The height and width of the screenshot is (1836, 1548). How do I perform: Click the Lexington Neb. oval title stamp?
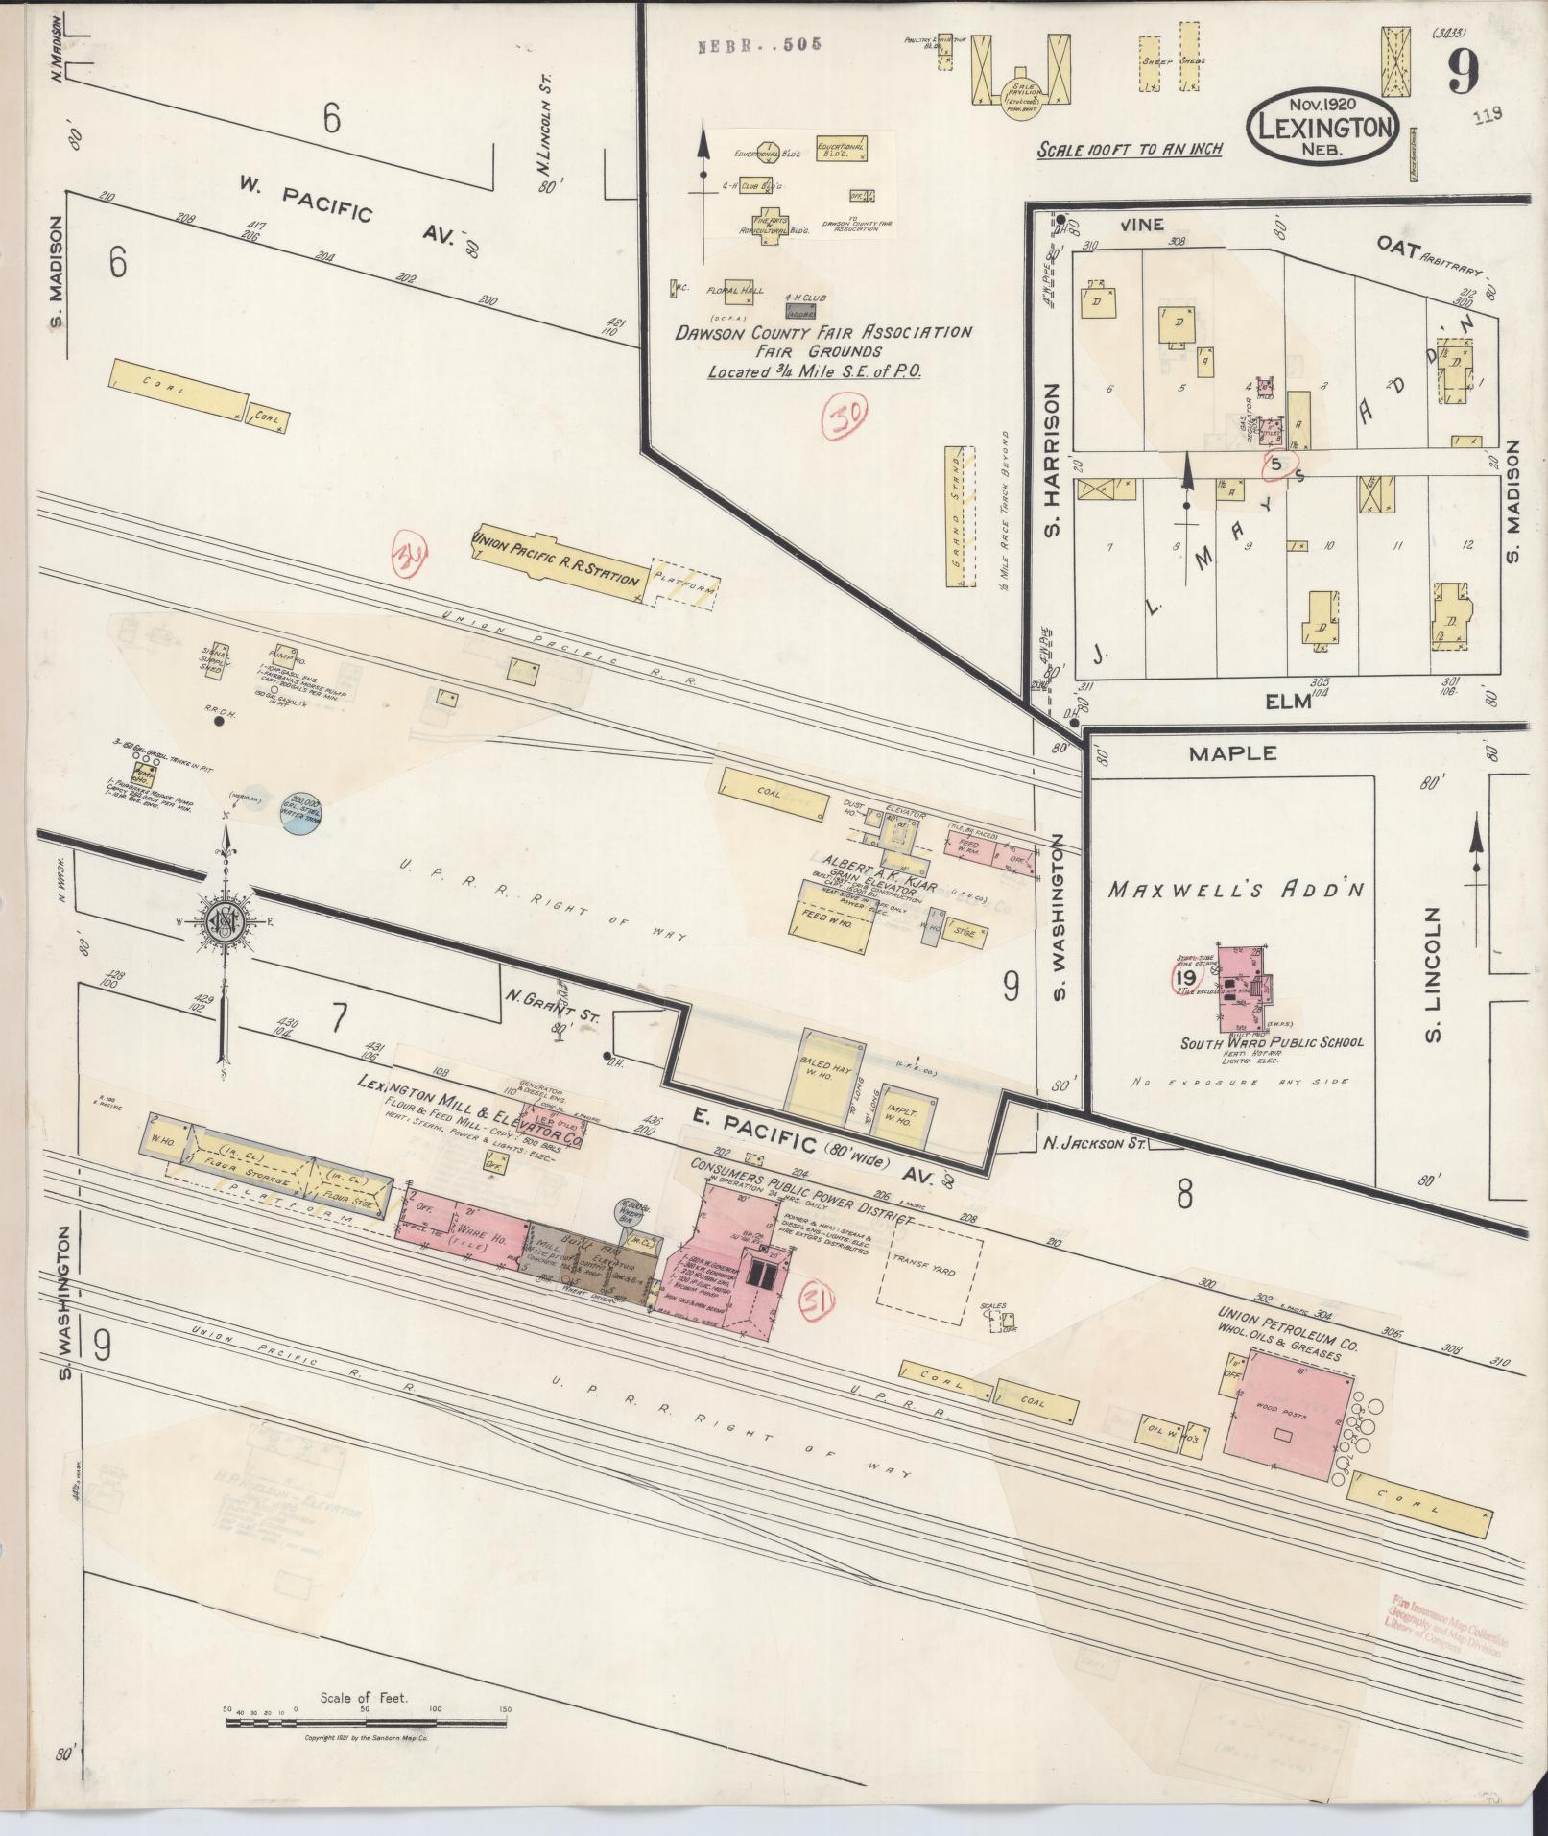[1323, 127]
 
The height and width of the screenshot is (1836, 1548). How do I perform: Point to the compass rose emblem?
[225, 919]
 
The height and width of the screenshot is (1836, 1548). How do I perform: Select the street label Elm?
[1287, 702]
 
